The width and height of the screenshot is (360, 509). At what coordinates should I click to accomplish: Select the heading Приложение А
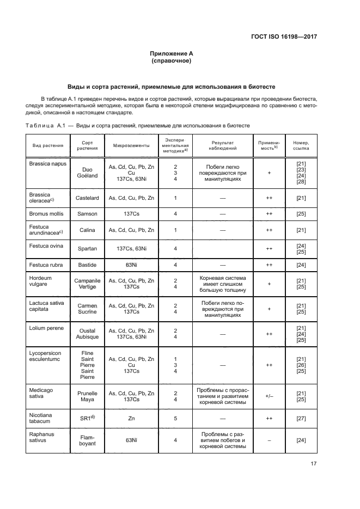tap(172, 54)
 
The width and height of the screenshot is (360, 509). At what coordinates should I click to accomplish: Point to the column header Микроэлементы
tap(131, 146)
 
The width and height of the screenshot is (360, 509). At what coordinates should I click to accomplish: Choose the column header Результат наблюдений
tap(222, 146)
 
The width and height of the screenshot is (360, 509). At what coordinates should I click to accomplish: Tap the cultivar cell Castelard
tap(87, 198)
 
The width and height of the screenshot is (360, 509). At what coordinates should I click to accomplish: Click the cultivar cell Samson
tap(87, 213)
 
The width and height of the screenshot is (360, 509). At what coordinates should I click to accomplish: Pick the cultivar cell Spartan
tap(87, 248)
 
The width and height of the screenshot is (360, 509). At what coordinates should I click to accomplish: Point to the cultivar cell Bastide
tap(87, 265)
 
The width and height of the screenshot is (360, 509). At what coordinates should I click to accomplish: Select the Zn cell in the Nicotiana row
tap(131, 418)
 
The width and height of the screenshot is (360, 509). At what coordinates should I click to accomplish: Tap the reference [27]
tap(301, 418)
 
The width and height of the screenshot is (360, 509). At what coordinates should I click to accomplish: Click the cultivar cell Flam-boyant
tap(87, 440)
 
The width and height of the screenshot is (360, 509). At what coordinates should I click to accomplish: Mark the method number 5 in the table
tap(175, 418)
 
